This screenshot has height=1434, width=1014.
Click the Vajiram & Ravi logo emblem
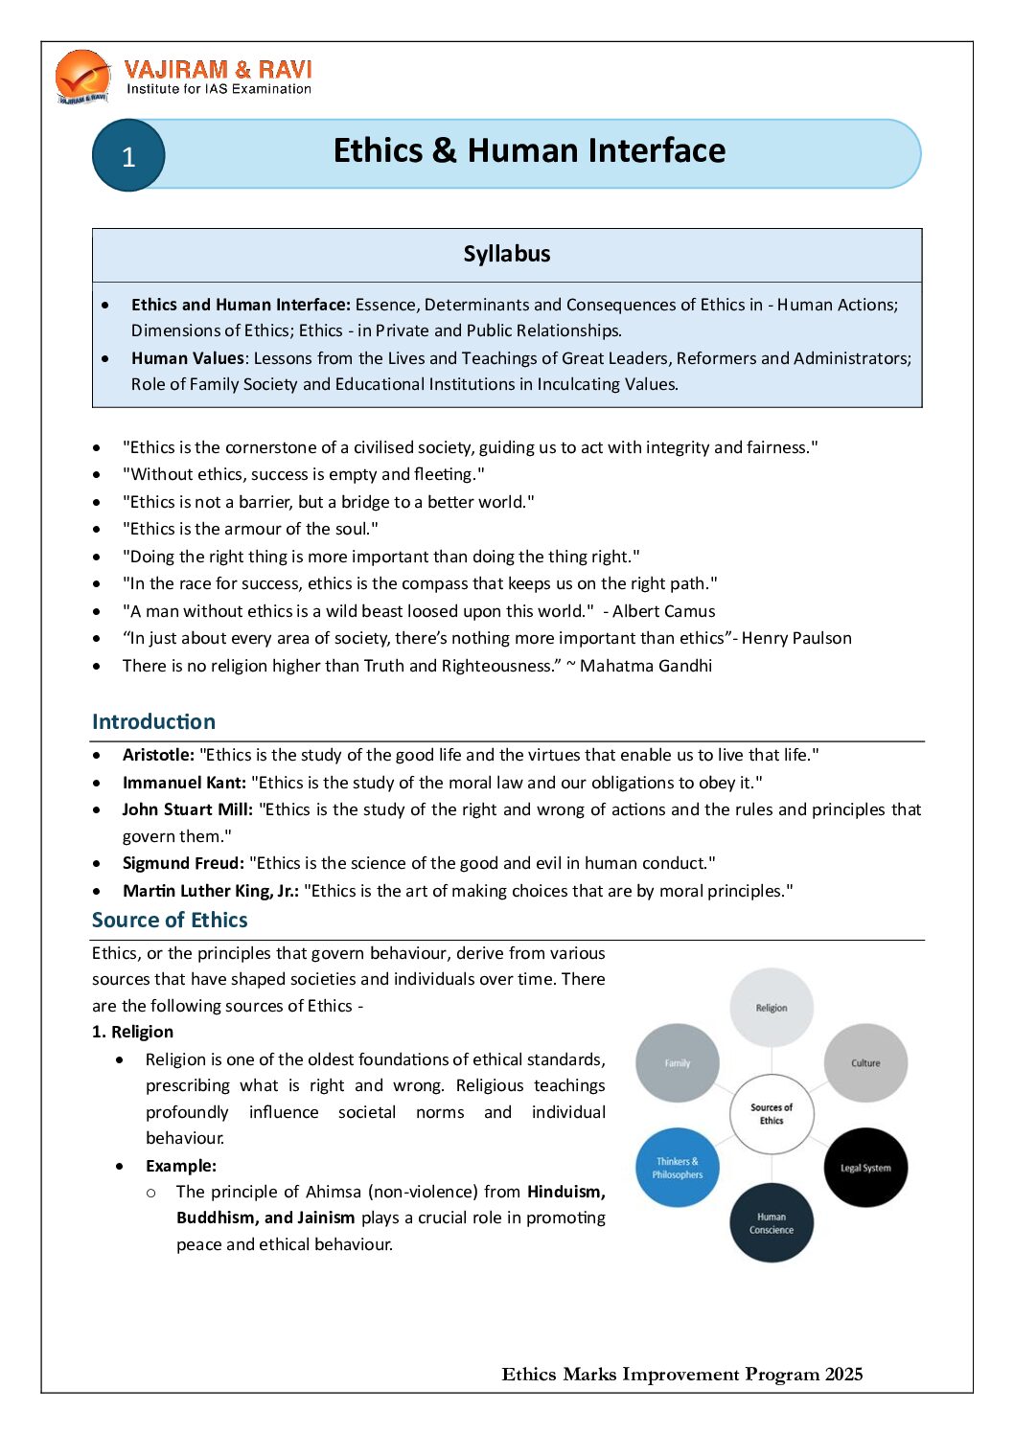[82, 77]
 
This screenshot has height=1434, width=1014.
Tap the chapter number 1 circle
[128, 155]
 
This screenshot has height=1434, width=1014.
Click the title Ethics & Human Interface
[529, 150]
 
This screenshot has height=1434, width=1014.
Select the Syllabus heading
[507, 254]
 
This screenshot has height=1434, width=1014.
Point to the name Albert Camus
[664, 611]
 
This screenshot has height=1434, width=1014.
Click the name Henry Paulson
[796, 638]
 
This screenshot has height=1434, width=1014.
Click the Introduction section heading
[153, 721]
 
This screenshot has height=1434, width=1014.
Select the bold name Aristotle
[158, 755]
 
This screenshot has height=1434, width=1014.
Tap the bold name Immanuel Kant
[184, 783]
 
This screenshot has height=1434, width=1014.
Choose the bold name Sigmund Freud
[183, 863]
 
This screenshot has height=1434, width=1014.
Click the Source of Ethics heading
[170, 920]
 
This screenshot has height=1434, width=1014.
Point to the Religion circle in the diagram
[772, 1008]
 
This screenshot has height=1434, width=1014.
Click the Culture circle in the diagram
[865, 1063]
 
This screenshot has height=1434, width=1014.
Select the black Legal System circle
[865, 1168]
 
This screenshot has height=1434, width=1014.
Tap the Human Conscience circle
[772, 1223]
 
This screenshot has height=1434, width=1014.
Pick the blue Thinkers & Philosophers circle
[678, 1168]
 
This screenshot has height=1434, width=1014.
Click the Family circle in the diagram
[678, 1063]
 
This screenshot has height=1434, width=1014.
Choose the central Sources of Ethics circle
[772, 1114]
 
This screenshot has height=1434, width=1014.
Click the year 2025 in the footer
[843, 1375]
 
